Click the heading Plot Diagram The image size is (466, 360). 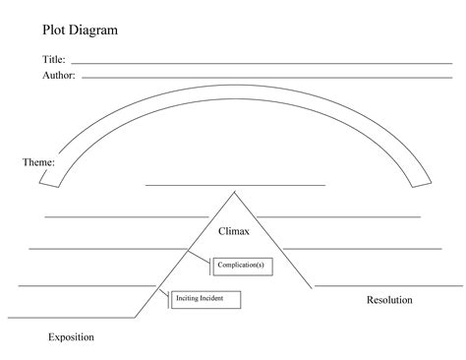pyautogui.click(x=80, y=30)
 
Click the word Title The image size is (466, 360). pyautogui.click(x=53, y=60)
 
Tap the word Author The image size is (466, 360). pyautogui.click(x=58, y=75)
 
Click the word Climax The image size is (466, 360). pyautogui.click(x=234, y=231)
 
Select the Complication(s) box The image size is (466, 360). pyautogui.click(x=240, y=264)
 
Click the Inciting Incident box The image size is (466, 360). pyautogui.click(x=205, y=298)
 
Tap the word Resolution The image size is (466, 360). pyautogui.click(x=388, y=300)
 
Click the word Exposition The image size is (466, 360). pyautogui.click(x=71, y=337)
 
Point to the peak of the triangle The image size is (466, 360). pyautogui.click(x=234, y=192)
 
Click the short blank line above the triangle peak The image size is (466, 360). pyautogui.click(x=234, y=184)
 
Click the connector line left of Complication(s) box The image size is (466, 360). pyautogui.click(x=202, y=261)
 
